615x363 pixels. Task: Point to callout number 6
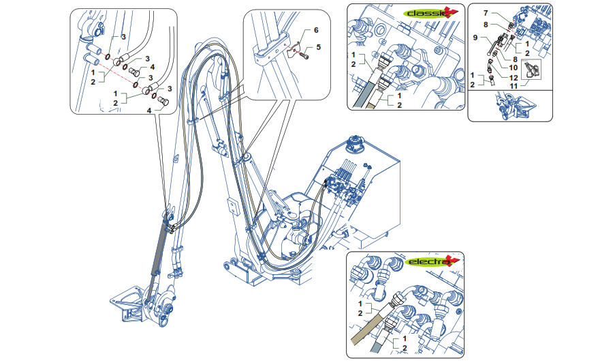click(x=316, y=31)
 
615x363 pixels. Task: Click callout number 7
click(x=486, y=14)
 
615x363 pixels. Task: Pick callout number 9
click(x=476, y=38)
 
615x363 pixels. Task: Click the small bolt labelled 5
click(x=304, y=56)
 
